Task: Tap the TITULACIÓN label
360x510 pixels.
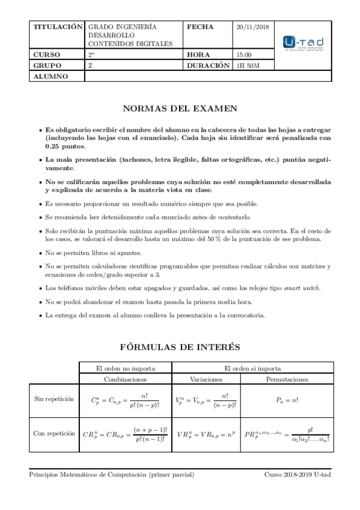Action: [x=57, y=28]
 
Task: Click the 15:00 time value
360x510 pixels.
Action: [x=245, y=55]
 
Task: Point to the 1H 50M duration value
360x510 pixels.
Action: [x=249, y=66]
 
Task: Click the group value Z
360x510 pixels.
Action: [x=90, y=66]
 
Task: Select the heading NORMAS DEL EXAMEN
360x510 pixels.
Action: [x=180, y=109]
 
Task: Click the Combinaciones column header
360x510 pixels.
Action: [x=125, y=379]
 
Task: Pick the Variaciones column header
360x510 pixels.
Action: [x=206, y=379]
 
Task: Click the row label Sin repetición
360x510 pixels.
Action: [x=54, y=399]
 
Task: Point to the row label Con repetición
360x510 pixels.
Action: [x=54, y=432]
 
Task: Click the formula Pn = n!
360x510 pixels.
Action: [x=287, y=400]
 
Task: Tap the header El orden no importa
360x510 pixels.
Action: [x=126, y=368]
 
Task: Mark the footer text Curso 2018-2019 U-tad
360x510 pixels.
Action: [x=297, y=475]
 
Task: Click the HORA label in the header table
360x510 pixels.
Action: [x=198, y=55]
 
